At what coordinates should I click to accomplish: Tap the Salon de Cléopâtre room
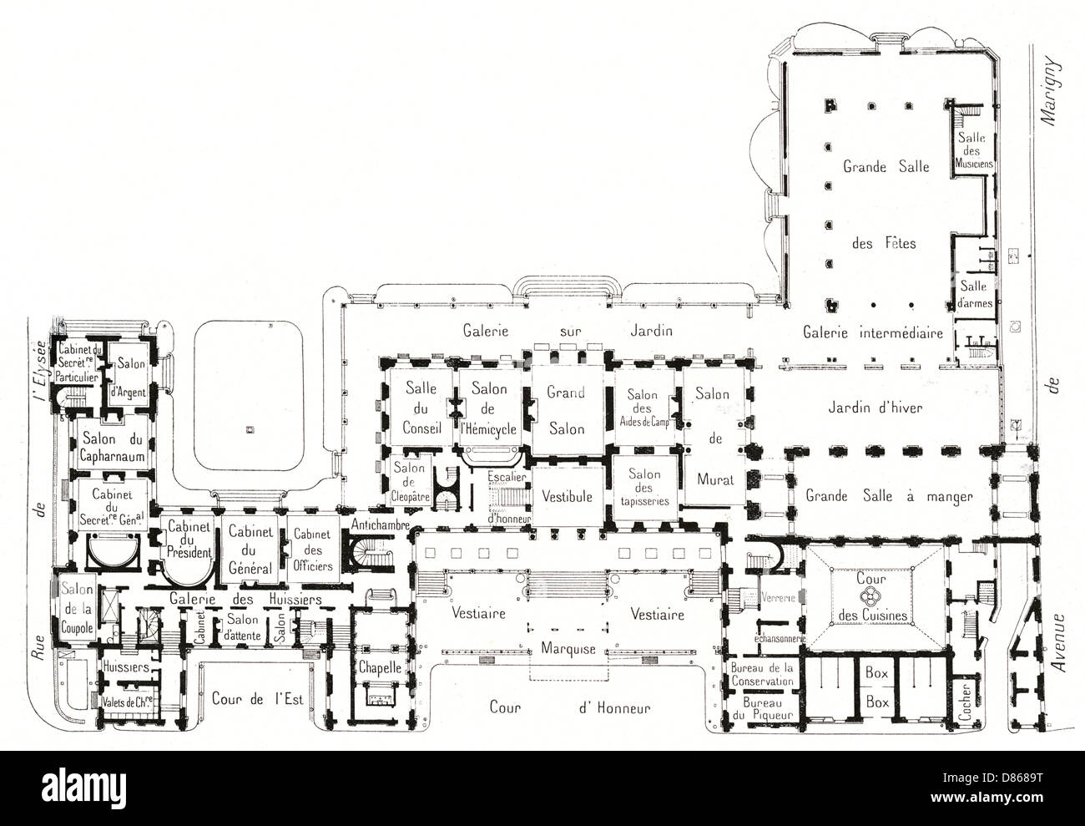coord(408,480)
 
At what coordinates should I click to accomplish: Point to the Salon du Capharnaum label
coord(114,448)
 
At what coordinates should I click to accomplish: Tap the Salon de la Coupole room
coord(74,606)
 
